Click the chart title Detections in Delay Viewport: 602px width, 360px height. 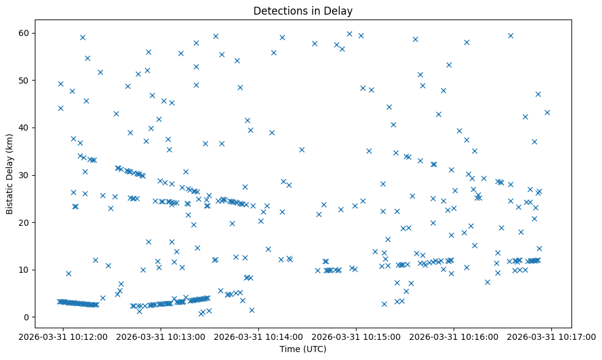coord(303,11)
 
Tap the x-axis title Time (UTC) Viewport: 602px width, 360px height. coord(303,349)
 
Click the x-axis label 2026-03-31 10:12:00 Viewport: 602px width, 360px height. coord(63,336)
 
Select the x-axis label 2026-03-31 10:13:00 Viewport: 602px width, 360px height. coord(161,336)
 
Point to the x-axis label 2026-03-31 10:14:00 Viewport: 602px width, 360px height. coord(259,336)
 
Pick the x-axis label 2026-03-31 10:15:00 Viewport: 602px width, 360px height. coord(357,336)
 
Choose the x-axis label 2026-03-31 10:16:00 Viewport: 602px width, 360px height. coord(454,336)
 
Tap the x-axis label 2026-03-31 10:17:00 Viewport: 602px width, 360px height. coord(552,336)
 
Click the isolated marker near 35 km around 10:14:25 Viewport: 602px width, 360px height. coord(302,149)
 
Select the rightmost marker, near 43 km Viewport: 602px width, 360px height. coord(547,112)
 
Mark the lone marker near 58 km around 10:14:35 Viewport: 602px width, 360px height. coord(314,43)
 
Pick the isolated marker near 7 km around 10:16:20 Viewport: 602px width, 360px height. coord(487,282)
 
